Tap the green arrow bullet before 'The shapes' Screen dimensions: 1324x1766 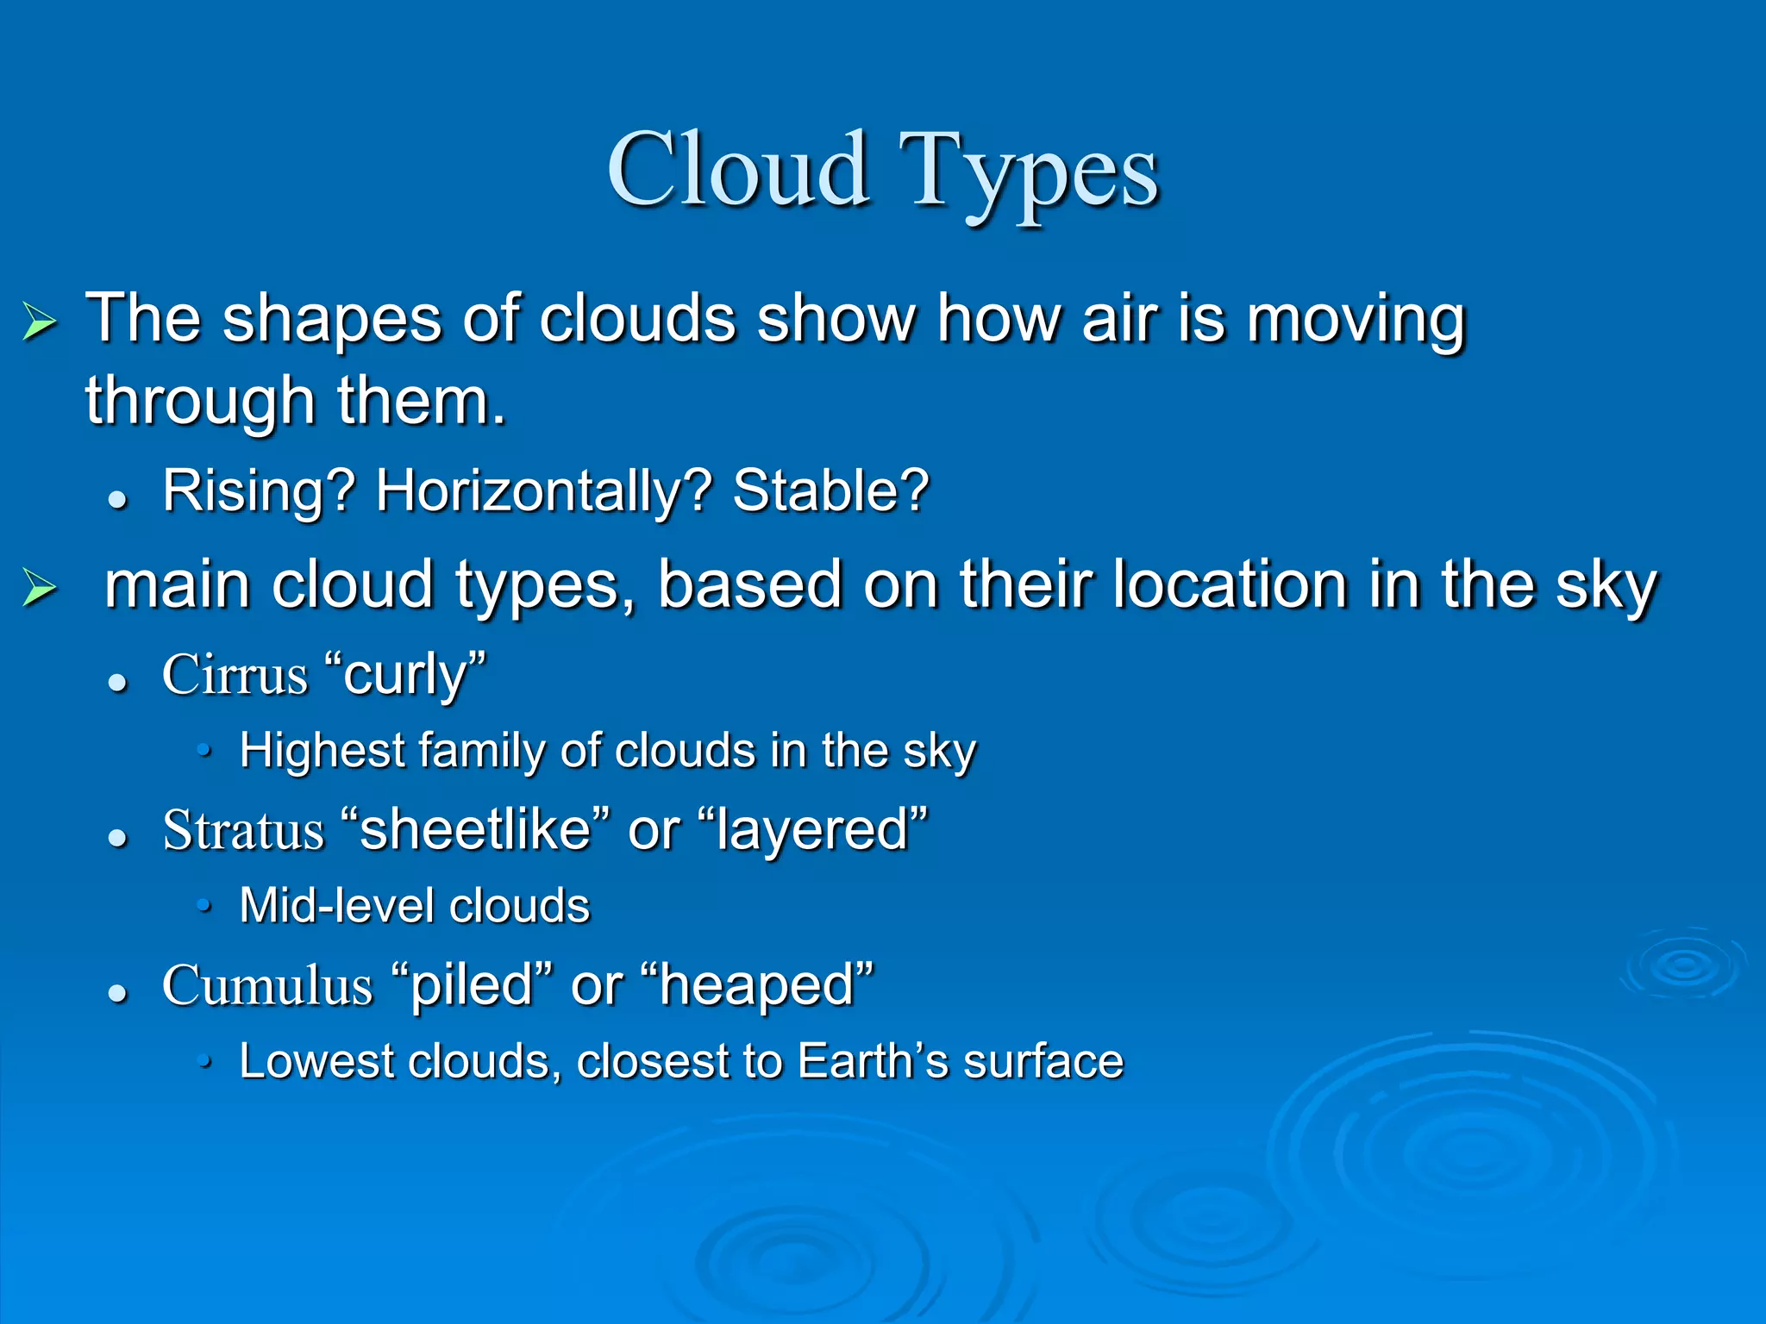click(40, 322)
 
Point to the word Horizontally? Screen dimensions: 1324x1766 click(543, 491)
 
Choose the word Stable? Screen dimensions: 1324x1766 click(830, 491)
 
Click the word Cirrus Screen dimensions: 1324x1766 click(235, 674)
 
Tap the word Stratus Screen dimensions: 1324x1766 click(243, 831)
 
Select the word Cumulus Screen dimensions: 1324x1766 click(267, 986)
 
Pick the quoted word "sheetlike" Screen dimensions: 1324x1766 click(475, 831)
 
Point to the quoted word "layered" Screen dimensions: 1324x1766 click(811, 831)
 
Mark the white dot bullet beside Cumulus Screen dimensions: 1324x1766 click(118, 994)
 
